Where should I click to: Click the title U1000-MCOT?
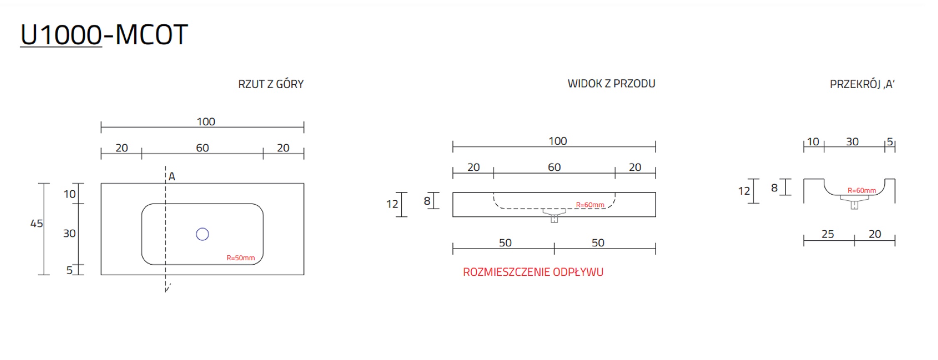tap(104, 35)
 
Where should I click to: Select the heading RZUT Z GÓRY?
tap(270, 84)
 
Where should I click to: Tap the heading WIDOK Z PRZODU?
tap(611, 84)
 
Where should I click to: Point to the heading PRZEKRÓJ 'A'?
tap(862, 84)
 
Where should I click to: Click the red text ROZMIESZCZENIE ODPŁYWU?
tap(533, 272)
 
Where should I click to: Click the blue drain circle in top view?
tap(202, 234)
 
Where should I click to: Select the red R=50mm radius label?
tap(241, 258)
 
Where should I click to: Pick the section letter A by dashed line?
tap(172, 177)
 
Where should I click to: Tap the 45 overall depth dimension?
tap(37, 224)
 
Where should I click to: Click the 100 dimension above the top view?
tap(206, 122)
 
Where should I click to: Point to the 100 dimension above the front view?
tap(558, 142)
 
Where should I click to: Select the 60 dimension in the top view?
tap(202, 148)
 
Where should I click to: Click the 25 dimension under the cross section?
tap(827, 234)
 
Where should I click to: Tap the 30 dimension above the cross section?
tap(852, 142)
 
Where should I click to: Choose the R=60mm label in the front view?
tap(590, 205)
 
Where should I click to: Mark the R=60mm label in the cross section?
tap(861, 191)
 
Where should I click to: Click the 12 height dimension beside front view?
tap(392, 204)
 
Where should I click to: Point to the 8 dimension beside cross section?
tap(774, 188)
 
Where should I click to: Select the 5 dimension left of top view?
tap(69, 271)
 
